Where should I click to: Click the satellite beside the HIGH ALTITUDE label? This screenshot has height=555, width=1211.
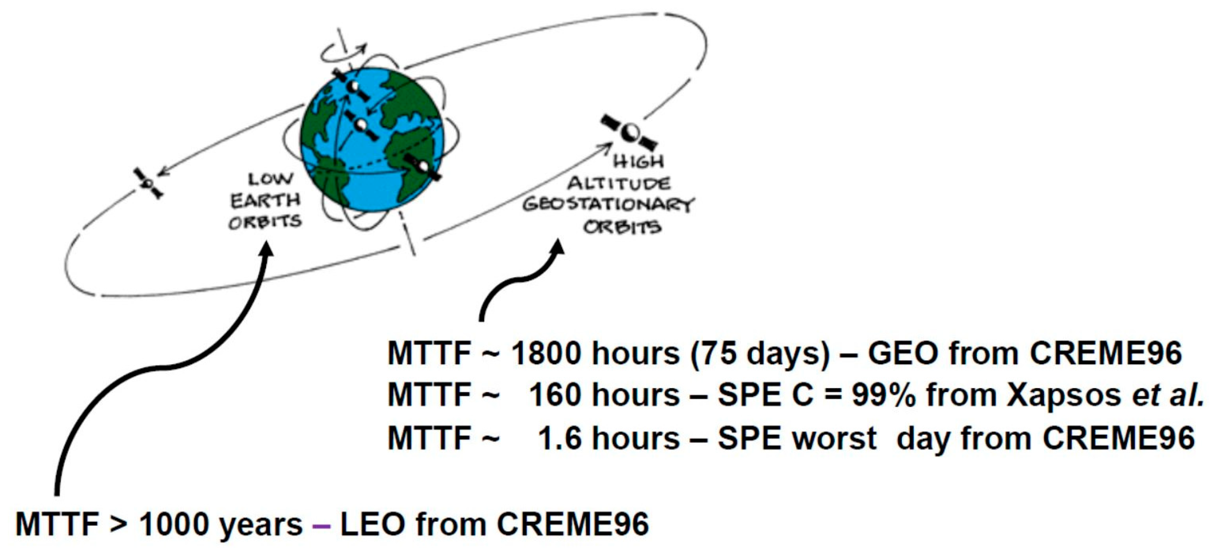tap(629, 132)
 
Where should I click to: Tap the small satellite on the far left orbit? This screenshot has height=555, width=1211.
tap(148, 183)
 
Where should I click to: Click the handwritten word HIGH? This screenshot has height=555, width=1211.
tap(638, 162)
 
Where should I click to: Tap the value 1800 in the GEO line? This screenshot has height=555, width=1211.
tap(547, 353)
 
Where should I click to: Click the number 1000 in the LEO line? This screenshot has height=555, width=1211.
tap(174, 524)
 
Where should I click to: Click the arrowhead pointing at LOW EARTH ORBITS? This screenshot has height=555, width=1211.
tap(267, 249)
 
